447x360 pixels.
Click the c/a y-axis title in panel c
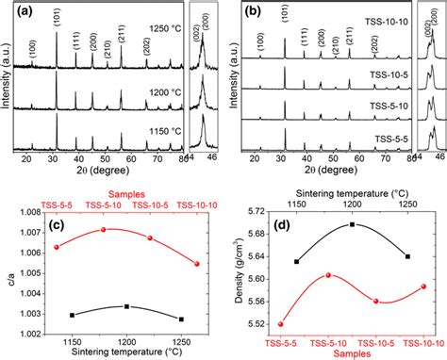(8, 266)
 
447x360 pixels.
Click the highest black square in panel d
(353, 224)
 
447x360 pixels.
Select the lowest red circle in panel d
(280, 324)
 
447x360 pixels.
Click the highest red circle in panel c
(104, 229)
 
